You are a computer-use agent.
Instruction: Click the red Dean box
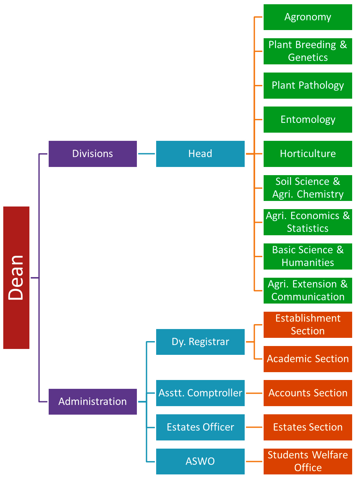coord(16,278)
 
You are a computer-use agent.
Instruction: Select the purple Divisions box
coord(93,154)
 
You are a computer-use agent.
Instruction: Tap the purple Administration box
coord(93,402)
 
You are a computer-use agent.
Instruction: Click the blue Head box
coord(200,154)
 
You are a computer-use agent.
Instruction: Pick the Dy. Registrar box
coord(200,342)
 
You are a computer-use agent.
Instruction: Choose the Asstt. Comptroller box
coord(200,393)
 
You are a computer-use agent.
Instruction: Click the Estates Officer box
coord(200,427)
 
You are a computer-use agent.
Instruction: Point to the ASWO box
coord(200,461)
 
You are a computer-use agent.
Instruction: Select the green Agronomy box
coord(308,17)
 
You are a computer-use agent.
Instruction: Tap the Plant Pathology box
coord(308,86)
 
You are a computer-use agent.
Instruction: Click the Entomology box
coord(308,120)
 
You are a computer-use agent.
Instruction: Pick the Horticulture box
coord(308,154)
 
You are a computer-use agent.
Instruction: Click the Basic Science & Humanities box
coord(308,256)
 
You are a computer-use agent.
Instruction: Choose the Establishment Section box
coord(308,325)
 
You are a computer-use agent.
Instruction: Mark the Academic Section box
coord(308,359)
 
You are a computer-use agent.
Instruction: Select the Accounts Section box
coord(308,393)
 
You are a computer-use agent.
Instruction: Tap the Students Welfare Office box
coord(308,461)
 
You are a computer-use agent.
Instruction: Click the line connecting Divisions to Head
coord(146,154)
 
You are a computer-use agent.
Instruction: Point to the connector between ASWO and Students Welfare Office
coord(254,461)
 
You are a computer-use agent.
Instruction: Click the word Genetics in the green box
coord(308,58)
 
